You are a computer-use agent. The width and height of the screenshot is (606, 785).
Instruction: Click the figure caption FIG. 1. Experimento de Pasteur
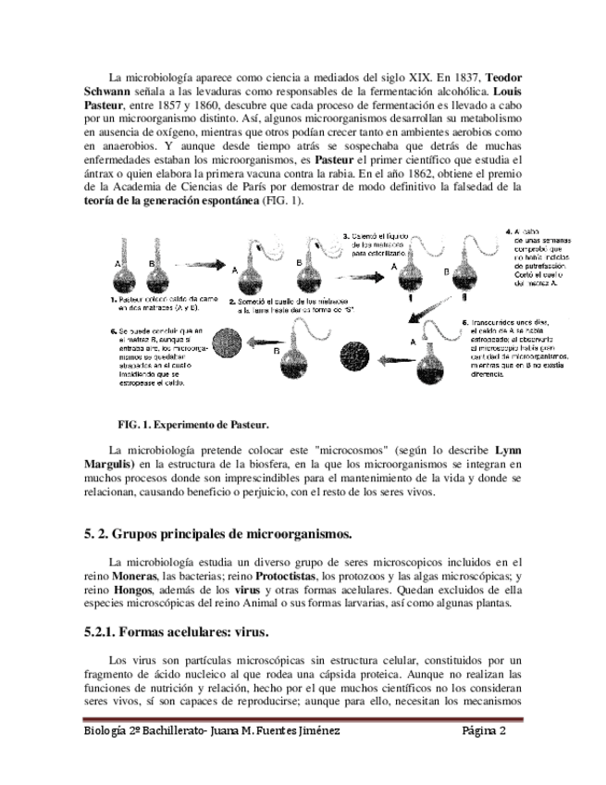coord(192,425)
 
